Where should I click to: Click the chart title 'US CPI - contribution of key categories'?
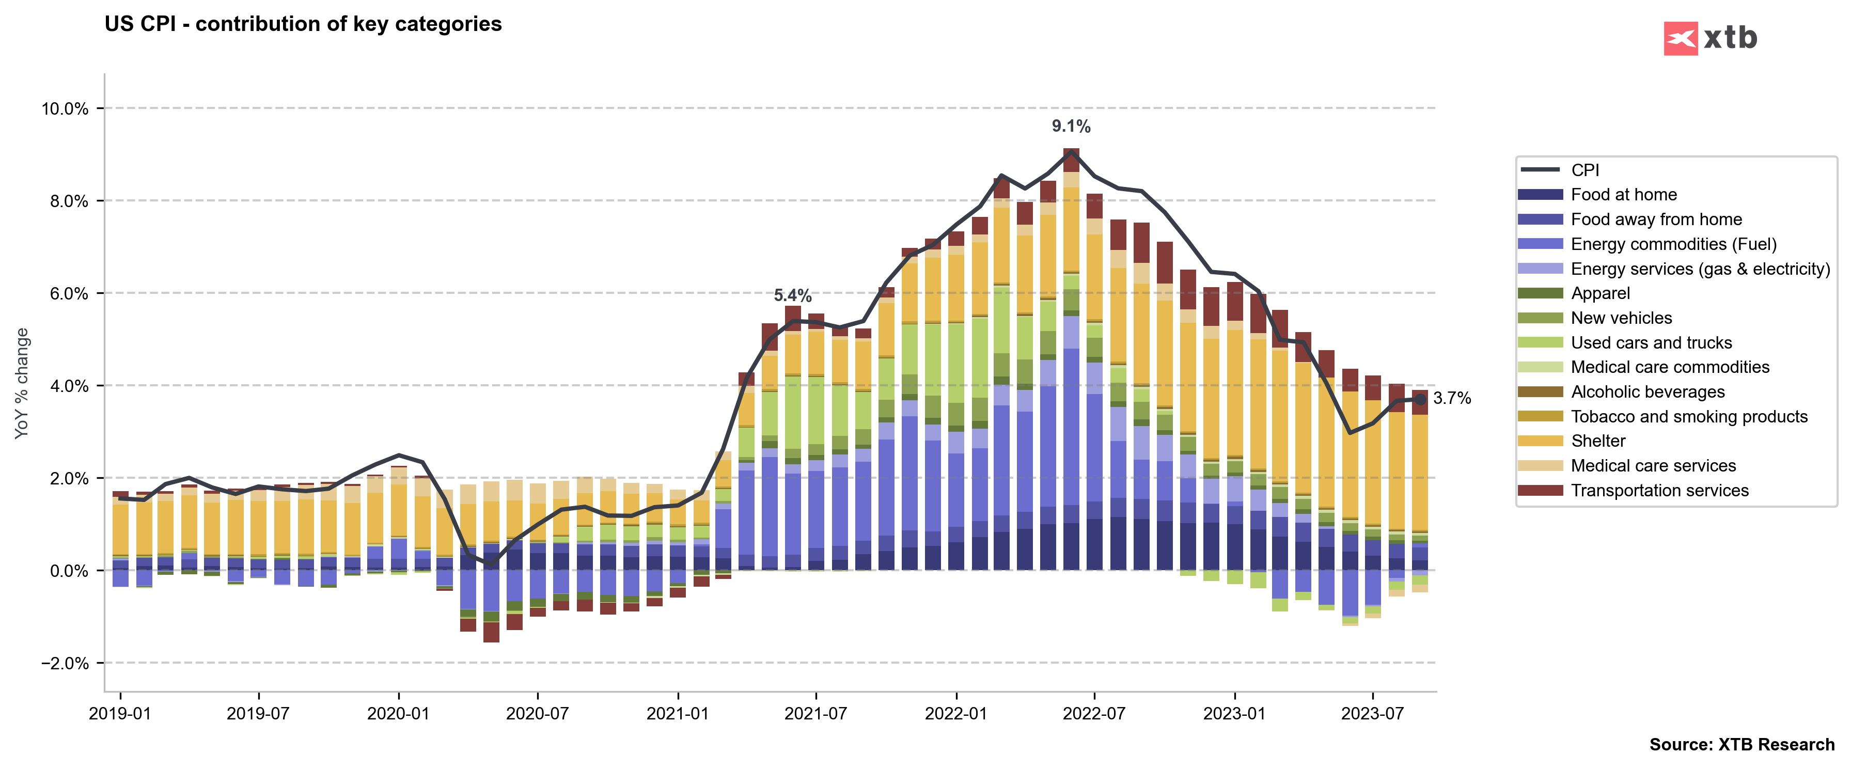[x=303, y=24]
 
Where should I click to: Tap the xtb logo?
[x=1709, y=38]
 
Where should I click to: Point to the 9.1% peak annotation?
[x=1071, y=127]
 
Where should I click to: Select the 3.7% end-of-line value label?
[x=1451, y=398]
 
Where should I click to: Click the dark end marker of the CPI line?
[x=1420, y=399]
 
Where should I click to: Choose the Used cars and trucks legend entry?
[x=1651, y=343]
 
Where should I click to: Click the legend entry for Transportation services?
[x=1659, y=490]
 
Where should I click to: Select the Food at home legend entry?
[x=1623, y=195]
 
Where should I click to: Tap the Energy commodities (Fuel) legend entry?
[x=1673, y=244]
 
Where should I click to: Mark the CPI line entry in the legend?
[x=1585, y=170]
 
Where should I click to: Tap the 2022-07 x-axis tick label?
[x=1094, y=714]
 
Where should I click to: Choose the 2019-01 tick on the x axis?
[x=120, y=714]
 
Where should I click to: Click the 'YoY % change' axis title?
[x=22, y=383]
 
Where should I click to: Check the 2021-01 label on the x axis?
[x=678, y=714]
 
